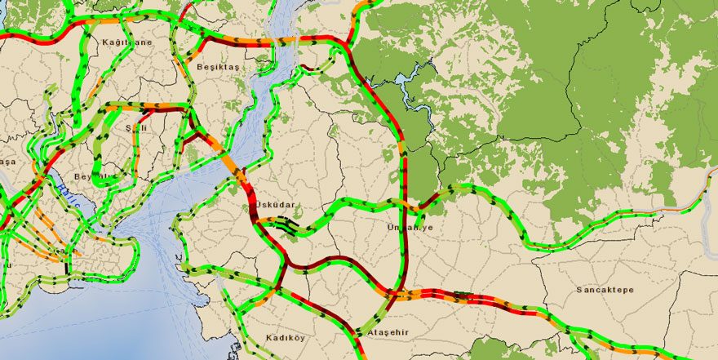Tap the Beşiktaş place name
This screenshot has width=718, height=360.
pos(215,68)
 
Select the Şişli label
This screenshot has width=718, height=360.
pos(127,128)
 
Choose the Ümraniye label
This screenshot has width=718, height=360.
pos(410,228)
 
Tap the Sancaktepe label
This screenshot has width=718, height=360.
pos(605,290)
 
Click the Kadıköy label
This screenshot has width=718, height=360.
pos(285,337)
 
